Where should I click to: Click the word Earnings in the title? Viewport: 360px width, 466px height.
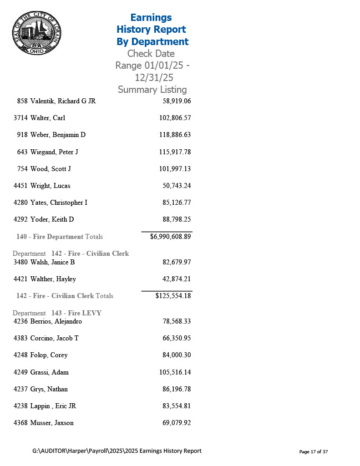click(151, 17)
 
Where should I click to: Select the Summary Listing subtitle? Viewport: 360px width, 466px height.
click(152, 89)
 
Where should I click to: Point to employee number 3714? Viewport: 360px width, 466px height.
click(21, 118)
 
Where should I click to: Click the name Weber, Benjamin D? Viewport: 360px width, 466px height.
click(58, 135)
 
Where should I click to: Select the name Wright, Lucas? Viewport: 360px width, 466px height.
click(50, 186)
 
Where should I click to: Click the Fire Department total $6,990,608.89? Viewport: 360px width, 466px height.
click(170, 237)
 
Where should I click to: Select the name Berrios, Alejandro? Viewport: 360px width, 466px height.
click(56, 321)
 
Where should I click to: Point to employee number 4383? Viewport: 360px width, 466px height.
click(21, 338)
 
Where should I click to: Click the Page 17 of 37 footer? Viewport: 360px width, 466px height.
click(313, 451)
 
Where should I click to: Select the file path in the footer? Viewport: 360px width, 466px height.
click(117, 451)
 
